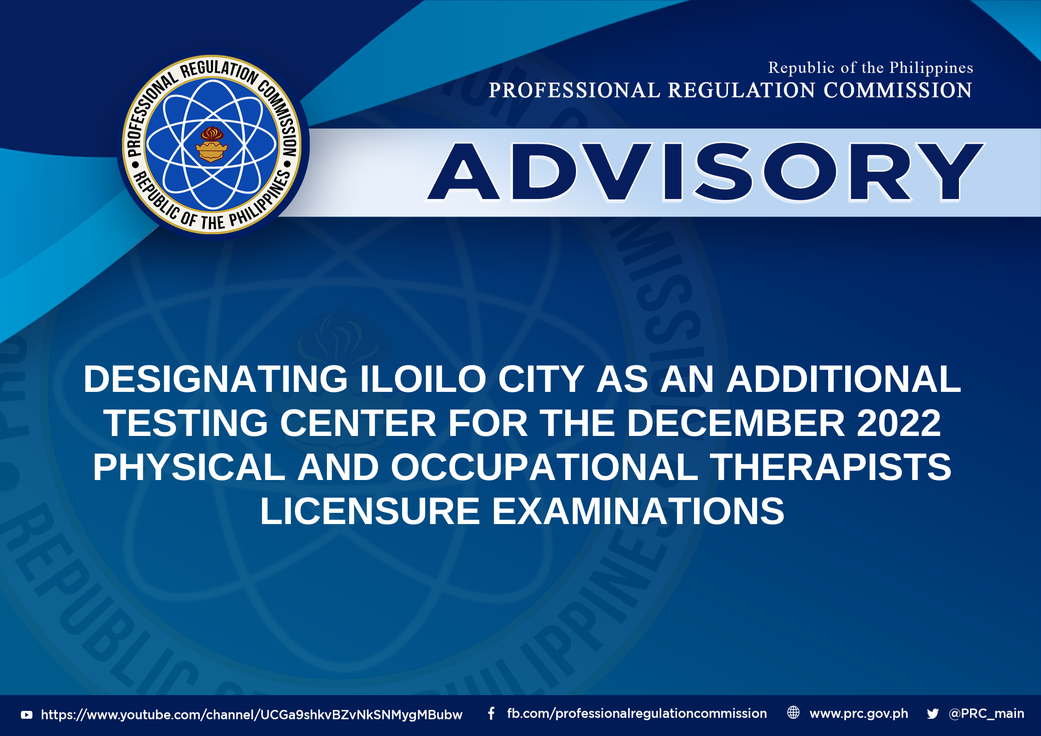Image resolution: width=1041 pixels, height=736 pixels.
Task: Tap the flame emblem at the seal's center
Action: pos(211,144)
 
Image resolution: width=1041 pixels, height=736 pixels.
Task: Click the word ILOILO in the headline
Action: pos(423,379)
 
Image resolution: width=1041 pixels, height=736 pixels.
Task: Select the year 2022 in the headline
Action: pos(899,423)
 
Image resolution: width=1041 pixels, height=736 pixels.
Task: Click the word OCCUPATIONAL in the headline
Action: pos(544,467)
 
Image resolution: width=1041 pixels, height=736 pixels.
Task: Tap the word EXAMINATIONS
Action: pos(638,511)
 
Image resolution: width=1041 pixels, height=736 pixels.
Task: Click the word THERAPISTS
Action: pos(830,467)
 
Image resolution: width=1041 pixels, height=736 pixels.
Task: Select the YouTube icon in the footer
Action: pos(27,715)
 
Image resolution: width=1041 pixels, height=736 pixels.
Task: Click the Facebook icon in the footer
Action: pos(491,713)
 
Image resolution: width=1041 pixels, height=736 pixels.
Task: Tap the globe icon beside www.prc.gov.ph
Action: pos(793,713)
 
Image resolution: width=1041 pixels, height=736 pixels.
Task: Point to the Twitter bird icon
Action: pos(933,714)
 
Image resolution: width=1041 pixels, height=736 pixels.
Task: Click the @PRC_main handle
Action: pos(987,714)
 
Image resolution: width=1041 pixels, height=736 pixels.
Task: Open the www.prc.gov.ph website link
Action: pos(859,714)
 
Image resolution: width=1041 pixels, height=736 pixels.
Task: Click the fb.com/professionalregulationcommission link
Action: pos(637,714)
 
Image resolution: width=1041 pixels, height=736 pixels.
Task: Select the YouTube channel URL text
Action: pos(252,715)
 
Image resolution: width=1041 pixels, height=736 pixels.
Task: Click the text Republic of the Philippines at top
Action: pos(870,68)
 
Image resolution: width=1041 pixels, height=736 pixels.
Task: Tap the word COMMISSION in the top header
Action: pos(898,90)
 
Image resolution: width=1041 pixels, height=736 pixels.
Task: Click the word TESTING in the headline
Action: pos(186,423)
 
